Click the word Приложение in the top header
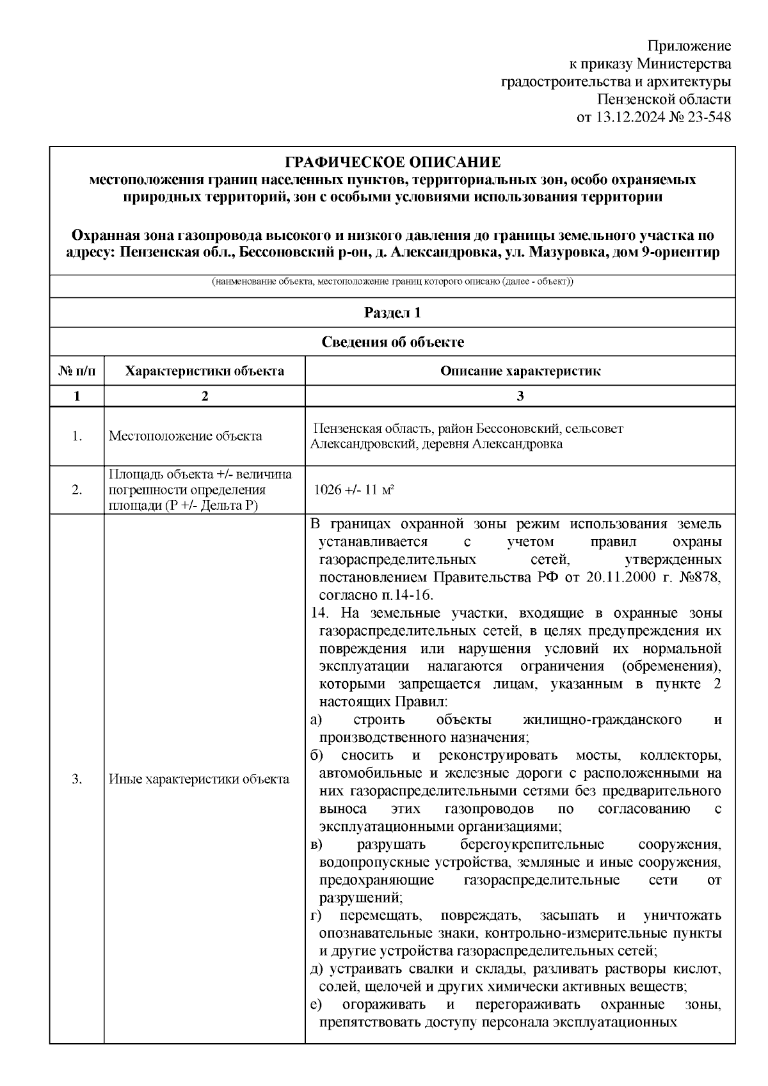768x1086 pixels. (x=689, y=46)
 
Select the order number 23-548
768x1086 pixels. (x=707, y=118)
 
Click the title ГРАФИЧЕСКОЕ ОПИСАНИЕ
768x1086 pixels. (x=392, y=162)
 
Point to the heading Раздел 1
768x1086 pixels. (x=392, y=313)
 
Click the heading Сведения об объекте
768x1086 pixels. (x=392, y=342)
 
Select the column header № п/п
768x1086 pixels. (x=77, y=372)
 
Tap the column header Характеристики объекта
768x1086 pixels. (x=204, y=372)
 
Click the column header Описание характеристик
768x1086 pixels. (x=520, y=372)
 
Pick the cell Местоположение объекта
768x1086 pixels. (x=186, y=436)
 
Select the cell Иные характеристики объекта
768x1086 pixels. (x=199, y=779)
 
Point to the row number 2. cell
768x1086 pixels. (x=77, y=491)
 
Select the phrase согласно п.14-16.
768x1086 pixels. (x=376, y=595)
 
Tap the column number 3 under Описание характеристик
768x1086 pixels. (x=520, y=396)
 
